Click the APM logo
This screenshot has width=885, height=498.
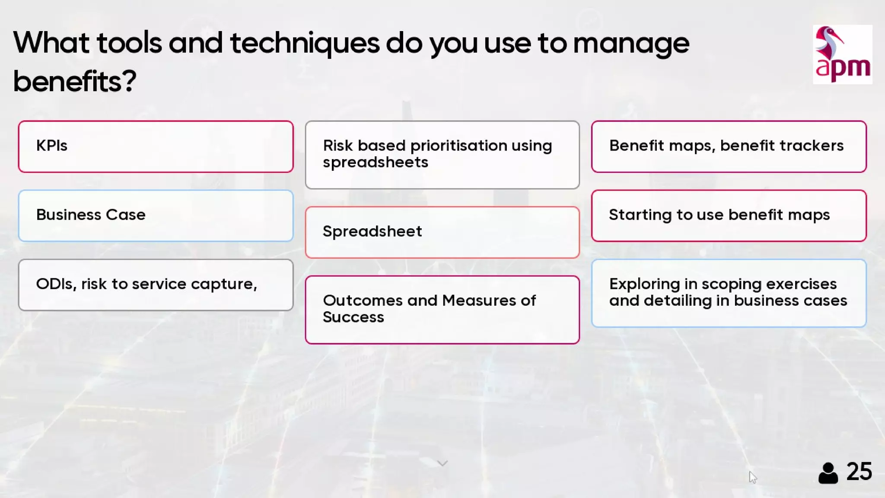tap(842, 54)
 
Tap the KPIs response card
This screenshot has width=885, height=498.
tap(156, 147)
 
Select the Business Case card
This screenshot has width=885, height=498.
tap(156, 215)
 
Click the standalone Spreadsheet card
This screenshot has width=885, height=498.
tap(442, 232)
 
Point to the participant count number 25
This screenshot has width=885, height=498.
tap(859, 471)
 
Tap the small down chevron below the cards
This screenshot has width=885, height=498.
tap(442, 463)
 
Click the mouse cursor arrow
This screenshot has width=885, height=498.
tap(752, 477)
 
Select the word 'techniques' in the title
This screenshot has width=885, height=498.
tap(305, 44)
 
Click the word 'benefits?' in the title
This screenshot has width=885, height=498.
tap(75, 81)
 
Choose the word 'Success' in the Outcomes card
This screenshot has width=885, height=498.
tap(353, 317)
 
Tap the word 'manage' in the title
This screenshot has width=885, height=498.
tap(631, 44)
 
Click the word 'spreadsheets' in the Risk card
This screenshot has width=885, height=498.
tap(375, 163)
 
